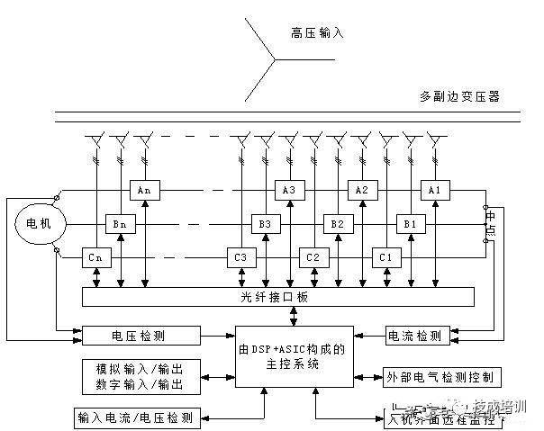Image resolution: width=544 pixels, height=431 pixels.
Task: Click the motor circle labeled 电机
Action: click(x=32, y=224)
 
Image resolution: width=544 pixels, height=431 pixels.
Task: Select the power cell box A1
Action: click(x=434, y=191)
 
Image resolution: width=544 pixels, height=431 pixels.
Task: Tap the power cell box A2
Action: click(x=362, y=191)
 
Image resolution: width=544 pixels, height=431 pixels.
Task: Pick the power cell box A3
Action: click(x=290, y=191)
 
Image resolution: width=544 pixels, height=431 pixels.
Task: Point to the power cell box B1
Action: click(x=410, y=223)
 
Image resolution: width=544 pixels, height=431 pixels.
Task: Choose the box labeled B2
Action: click(x=336, y=223)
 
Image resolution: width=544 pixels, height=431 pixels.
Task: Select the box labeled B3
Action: click(x=265, y=223)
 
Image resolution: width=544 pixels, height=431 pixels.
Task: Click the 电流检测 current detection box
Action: click(x=414, y=336)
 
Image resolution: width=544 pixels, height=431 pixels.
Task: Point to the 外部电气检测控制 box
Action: click(x=441, y=376)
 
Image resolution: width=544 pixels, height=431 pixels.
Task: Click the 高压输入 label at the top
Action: click(x=318, y=33)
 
